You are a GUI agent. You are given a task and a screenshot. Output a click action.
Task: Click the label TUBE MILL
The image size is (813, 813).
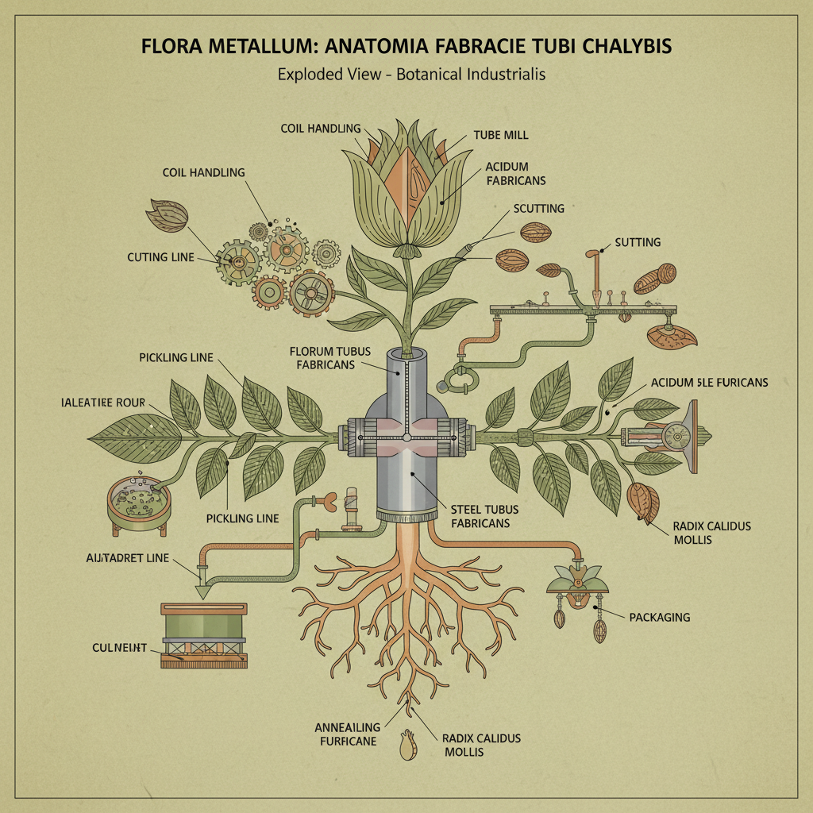click(501, 135)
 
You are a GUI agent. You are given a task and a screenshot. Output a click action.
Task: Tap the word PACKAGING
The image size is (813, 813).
click(659, 617)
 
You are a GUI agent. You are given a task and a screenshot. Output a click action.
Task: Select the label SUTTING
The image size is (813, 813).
click(638, 242)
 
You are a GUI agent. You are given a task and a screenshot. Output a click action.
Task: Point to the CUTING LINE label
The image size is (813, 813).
click(160, 257)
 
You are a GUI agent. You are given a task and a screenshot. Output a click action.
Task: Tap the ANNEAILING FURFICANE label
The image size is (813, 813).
click(347, 734)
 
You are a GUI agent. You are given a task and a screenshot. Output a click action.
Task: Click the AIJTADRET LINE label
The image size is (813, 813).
click(127, 558)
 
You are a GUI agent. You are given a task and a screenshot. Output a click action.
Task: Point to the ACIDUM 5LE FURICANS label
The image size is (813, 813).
click(709, 382)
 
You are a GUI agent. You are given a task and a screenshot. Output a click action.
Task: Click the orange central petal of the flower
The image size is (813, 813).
click(410, 183)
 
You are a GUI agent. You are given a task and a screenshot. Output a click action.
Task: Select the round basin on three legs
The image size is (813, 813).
click(139, 503)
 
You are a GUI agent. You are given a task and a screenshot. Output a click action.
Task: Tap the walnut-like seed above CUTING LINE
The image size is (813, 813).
click(167, 214)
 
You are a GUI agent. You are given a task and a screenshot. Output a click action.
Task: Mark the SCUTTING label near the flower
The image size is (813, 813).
click(539, 208)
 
